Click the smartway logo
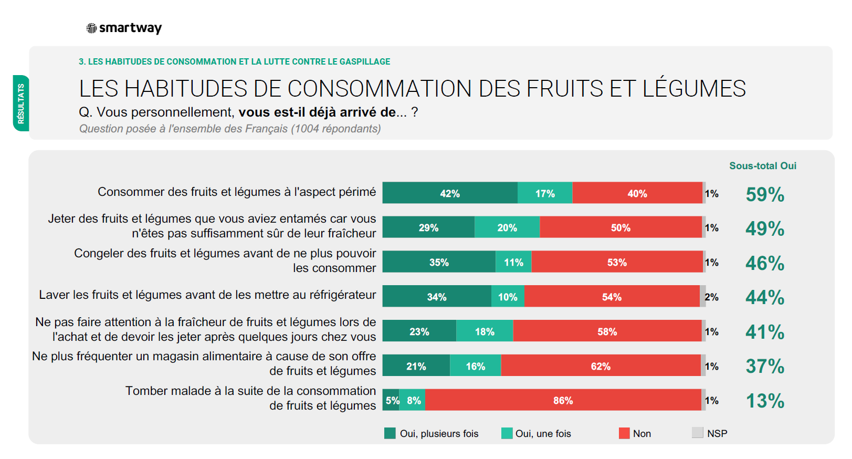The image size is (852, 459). point(124,28)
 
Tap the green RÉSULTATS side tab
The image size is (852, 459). point(21,103)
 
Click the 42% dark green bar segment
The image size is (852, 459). point(450,193)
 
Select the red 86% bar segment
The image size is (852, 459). point(563,400)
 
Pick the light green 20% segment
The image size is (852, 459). point(507,227)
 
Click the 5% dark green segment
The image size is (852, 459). point(391,400)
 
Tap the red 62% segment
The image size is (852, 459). point(601,366)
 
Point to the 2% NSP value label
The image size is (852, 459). point(711,297)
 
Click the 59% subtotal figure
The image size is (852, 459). point(764,194)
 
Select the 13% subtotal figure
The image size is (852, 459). point(764,401)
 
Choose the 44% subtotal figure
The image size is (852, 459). point(764,298)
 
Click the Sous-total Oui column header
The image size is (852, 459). point(762,166)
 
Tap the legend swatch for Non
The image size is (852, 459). point(624,433)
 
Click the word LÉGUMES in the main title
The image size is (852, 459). point(694,89)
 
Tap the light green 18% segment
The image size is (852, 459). point(485,331)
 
